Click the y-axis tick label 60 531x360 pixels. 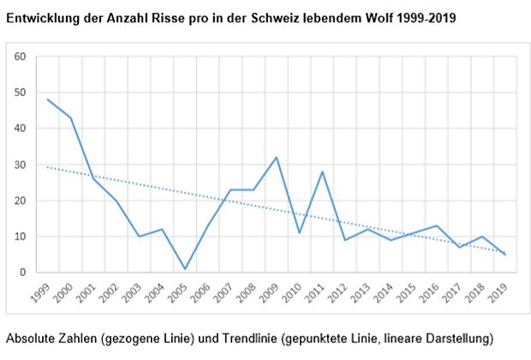[x=21, y=57]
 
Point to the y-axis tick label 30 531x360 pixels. [x=21, y=165]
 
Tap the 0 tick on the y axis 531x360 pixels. [x=24, y=273]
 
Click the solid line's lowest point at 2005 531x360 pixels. [x=185, y=269]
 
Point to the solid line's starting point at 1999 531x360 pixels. [x=48, y=99]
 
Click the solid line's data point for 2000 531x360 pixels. [x=71, y=117]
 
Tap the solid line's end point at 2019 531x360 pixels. [x=506, y=255]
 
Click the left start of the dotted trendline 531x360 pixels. [x=48, y=167]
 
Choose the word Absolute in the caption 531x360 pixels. [x=30, y=338]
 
